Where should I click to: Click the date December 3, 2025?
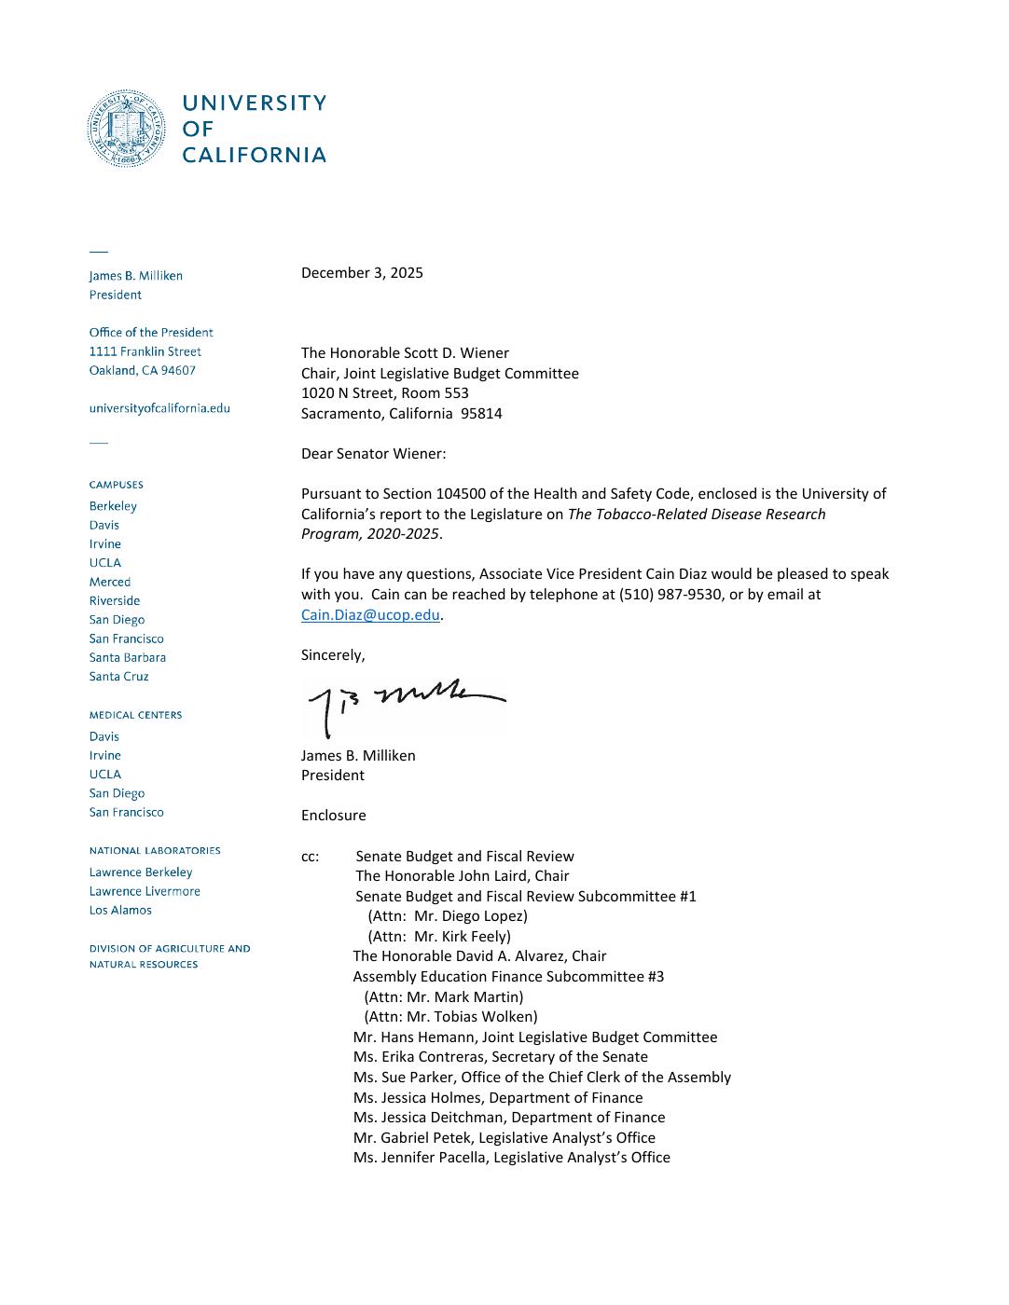pos(362,273)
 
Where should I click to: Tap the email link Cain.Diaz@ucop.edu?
pos(370,615)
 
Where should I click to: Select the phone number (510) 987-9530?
pos(670,595)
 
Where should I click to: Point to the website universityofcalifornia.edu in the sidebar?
pos(159,408)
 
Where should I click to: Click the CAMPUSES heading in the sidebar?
pos(117,485)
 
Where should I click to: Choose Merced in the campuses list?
pos(110,582)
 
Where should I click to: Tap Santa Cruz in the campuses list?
pos(118,677)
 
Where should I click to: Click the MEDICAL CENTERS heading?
pos(135,715)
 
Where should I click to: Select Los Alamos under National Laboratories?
pos(120,911)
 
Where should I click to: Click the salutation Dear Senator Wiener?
pos(373,454)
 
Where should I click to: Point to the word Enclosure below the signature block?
pos(333,816)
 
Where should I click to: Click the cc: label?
pos(310,857)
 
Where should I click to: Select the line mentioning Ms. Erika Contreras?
pos(500,1057)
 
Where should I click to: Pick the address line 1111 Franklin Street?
pos(145,351)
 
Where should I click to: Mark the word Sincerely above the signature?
pos(332,655)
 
